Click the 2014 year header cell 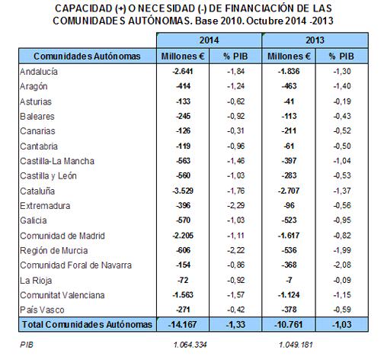tap(209, 40)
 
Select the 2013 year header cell tap(315, 40)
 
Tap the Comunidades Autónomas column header tap(87, 56)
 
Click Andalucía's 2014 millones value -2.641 tap(183, 72)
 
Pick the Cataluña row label tap(37, 191)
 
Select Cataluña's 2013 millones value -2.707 tap(289, 191)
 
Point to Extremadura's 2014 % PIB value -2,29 tap(236, 205)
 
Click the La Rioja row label tap(36, 281)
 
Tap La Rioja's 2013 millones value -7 tap(289, 280)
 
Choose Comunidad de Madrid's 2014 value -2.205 tap(183, 236)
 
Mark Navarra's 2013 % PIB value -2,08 tap(342, 265)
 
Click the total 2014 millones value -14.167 tap(182, 325)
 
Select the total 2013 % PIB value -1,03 tap(342, 325)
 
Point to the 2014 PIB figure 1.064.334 tap(190, 345)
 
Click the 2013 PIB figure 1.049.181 tap(296, 345)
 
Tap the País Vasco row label tap(42, 310)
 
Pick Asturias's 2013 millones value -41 tap(289, 101)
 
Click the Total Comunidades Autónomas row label tap(87, 325)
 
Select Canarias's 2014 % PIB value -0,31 tap(236, 130)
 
